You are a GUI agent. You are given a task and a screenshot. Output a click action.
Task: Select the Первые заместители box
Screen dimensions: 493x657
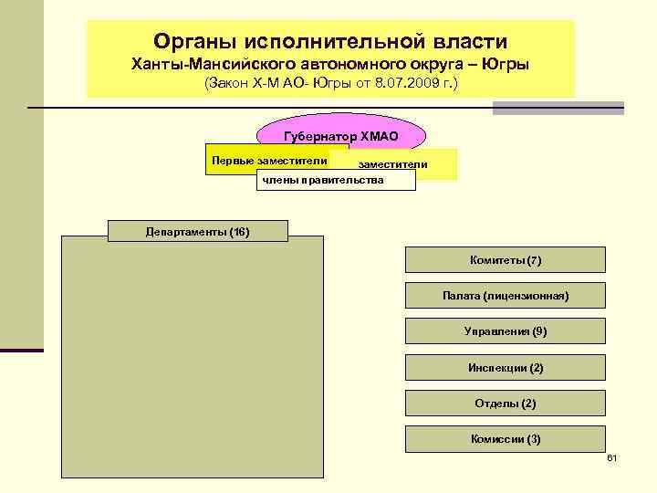coord(269,161)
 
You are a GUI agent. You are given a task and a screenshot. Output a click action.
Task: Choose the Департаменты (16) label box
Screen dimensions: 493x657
coord(197,231)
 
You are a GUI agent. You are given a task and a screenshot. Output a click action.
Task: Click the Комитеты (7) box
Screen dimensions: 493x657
coord(505,260)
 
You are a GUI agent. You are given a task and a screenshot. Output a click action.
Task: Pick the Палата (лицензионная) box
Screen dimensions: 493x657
coord(505,296)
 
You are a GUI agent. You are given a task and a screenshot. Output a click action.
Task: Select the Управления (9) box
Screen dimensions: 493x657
coord(505,331)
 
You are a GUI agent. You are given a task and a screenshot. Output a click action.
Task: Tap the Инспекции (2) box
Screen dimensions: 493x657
coord(505,367)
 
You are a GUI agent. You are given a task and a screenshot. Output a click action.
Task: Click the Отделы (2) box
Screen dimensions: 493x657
coord(505,403)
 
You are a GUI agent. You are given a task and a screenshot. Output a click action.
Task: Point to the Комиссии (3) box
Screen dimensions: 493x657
coord(505,438)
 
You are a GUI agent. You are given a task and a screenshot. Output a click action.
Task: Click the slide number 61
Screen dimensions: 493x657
coord(611,456)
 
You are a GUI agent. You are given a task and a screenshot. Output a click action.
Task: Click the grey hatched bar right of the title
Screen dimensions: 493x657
coord(558,108)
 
